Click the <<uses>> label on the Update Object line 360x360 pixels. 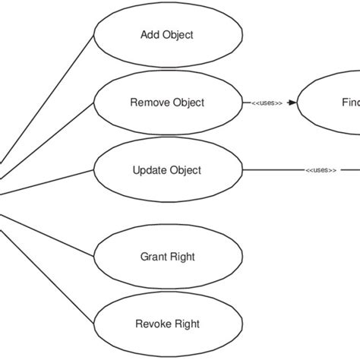coord(321,171)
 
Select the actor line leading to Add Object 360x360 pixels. coord(46,99)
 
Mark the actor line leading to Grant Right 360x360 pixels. coord(46,227)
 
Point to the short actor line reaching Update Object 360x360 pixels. coord(46,182)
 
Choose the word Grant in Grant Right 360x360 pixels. coord(154,257)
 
